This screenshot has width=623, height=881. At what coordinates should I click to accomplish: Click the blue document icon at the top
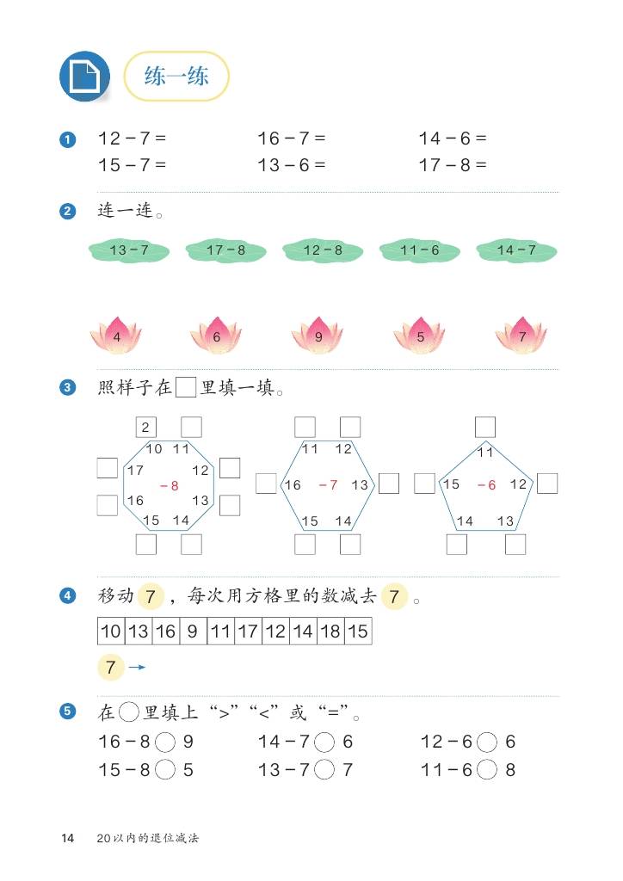(84, 77)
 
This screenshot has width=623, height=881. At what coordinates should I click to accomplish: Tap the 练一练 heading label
(176, 77)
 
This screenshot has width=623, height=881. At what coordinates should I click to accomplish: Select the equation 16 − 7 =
(292, 139)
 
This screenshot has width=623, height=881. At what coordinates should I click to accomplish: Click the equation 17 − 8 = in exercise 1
(453, 165)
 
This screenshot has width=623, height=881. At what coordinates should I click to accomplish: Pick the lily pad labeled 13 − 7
(129, 250)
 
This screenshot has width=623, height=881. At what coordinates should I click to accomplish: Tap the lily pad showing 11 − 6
(420, 250)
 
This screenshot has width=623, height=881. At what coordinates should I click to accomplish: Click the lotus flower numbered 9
(318, 336)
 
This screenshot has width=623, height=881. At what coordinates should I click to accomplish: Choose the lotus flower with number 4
(116, 336)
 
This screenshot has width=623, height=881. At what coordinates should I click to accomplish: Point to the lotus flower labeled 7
(521, 336)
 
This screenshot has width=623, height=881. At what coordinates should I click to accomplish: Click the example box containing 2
(146, 427)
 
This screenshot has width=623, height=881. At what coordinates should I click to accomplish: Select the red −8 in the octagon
(170, 486)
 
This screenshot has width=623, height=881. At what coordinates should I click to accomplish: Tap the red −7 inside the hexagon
(328, 485)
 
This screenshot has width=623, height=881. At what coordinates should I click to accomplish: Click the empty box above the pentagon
(485, 427)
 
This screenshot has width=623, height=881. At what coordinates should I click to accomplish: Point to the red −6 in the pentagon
(486, 485)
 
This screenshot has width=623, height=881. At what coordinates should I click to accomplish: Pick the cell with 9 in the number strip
(193, 631)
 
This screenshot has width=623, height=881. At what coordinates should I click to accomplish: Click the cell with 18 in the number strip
(330, 631)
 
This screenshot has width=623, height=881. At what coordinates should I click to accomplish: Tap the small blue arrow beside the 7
(137, 668)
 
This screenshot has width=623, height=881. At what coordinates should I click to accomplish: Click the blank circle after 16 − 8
(165, 742)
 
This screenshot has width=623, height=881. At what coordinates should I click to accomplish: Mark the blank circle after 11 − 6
(486, 770)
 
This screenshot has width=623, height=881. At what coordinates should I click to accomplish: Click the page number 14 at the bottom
(67, 838)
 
